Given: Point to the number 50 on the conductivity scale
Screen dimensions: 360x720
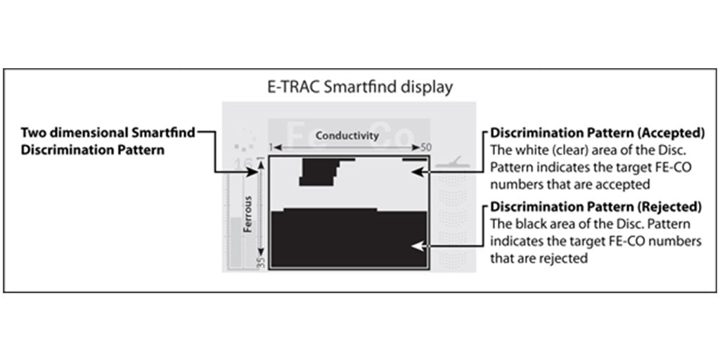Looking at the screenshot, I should pyautogui.click(x=426, y=148).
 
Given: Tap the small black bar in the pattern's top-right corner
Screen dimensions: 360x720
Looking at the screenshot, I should pyautogui.click(x=411, y=160).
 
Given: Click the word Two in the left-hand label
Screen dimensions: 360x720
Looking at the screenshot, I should pyautogui.click(x=34, y=132).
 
